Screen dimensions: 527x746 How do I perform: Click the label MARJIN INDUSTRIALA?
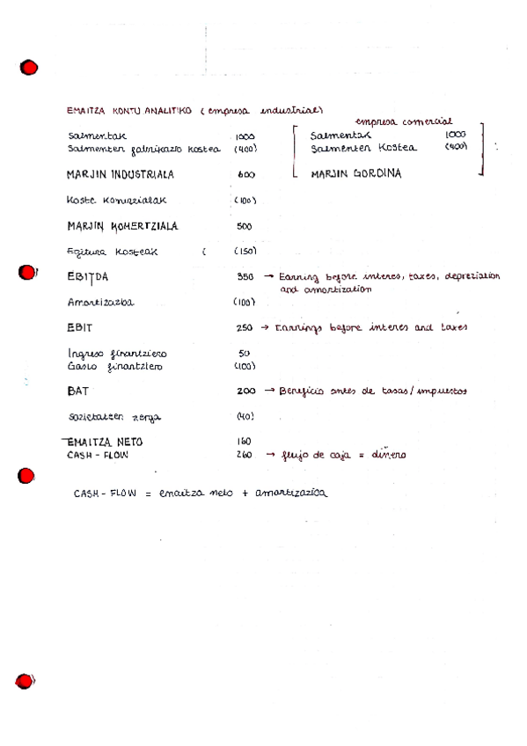coord(120,173)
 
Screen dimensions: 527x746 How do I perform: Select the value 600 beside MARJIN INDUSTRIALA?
coord(245,175)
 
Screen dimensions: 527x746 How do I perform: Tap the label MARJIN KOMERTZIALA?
coord(121,226)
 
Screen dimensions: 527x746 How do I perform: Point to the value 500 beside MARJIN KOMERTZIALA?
coord(245,226)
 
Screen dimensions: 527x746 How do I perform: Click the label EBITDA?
coord(87,277)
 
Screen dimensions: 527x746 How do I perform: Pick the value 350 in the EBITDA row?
coord(245,276)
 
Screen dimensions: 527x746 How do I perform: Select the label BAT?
coord(78,390)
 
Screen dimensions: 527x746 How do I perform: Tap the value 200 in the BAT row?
coord(245,390)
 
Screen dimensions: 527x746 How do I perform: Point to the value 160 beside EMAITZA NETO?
coord(244,442)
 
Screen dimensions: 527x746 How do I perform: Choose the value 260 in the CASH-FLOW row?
coord(244,455)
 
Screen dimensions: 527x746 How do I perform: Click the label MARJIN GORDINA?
coord(355,174)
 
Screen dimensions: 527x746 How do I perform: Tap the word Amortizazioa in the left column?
coord(100,303)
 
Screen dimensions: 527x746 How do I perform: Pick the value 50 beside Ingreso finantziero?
coord(244,353)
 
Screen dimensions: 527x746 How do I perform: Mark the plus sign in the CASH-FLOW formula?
coord(245,494)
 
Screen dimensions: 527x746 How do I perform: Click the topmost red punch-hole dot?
coord(29,68)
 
